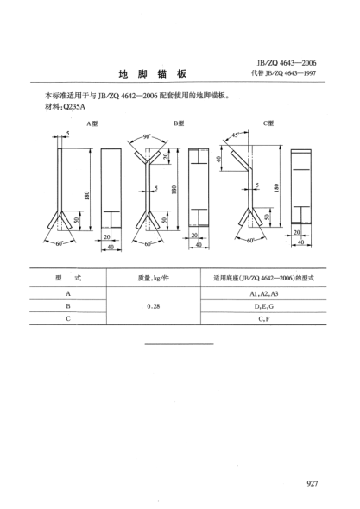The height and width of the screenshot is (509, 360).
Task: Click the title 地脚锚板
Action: click(x=153, y=74)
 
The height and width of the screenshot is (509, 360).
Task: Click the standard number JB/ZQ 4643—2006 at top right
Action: click(x=287, y=63)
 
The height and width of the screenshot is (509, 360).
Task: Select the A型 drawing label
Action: click(x=92, y=123)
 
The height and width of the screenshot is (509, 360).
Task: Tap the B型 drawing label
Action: click(x=179, y=123)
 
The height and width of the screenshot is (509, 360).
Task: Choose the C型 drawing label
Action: click(x=268, y=123)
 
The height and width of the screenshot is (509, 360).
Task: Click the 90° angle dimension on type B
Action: click(x=148, y=137)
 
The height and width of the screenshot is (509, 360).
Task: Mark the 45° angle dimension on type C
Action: click(x=236, y=135)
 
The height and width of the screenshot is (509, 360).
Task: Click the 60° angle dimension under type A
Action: click(x=59, y=243)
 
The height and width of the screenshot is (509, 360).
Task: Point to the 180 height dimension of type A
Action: click(x=86, y=196)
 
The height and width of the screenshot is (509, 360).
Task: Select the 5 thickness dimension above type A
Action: click(x=67, y=133)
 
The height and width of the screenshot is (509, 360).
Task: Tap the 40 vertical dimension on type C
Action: click(x=219, y=159)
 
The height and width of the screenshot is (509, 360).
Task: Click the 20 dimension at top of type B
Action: click(x=166, y=156)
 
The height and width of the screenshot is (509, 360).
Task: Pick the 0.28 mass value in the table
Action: click(x=154, y=306)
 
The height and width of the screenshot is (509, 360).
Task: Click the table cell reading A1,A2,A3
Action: click(x=264, y=293)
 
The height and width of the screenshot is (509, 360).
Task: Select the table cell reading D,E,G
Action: click(x=264, y=306)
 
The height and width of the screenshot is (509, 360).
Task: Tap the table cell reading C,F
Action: click(x=264, y=319)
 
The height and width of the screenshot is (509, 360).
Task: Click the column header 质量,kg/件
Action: click(x=154, y=278)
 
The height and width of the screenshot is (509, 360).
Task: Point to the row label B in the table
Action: click(x=68, y=306)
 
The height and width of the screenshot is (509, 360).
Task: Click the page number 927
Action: click(x=312, y=483)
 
